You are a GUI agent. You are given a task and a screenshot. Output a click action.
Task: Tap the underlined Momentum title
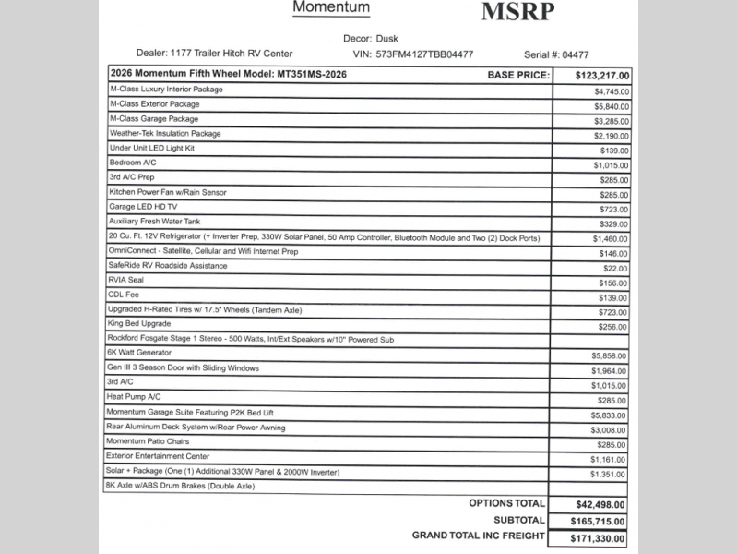click(x=331, y=8)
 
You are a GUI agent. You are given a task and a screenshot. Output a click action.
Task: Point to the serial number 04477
click(x=575, y=54)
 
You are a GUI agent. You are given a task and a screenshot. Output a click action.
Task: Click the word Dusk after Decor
click(x=387, y=39)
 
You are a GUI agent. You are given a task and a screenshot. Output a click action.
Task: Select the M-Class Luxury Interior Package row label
click(x=166, y=90)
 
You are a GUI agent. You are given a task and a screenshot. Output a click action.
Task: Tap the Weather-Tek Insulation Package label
click(x=165, y=134)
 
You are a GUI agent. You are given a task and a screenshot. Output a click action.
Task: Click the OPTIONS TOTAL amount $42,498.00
click(x=594, y=505)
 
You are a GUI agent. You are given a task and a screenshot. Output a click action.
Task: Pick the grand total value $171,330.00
click(x=590, y=538)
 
